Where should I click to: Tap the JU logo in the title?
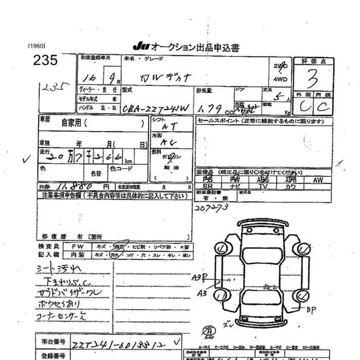pos(139,47)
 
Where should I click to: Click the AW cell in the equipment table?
pos(318,180)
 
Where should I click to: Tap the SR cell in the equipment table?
pos(207,187)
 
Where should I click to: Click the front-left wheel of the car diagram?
pos(222,250)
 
